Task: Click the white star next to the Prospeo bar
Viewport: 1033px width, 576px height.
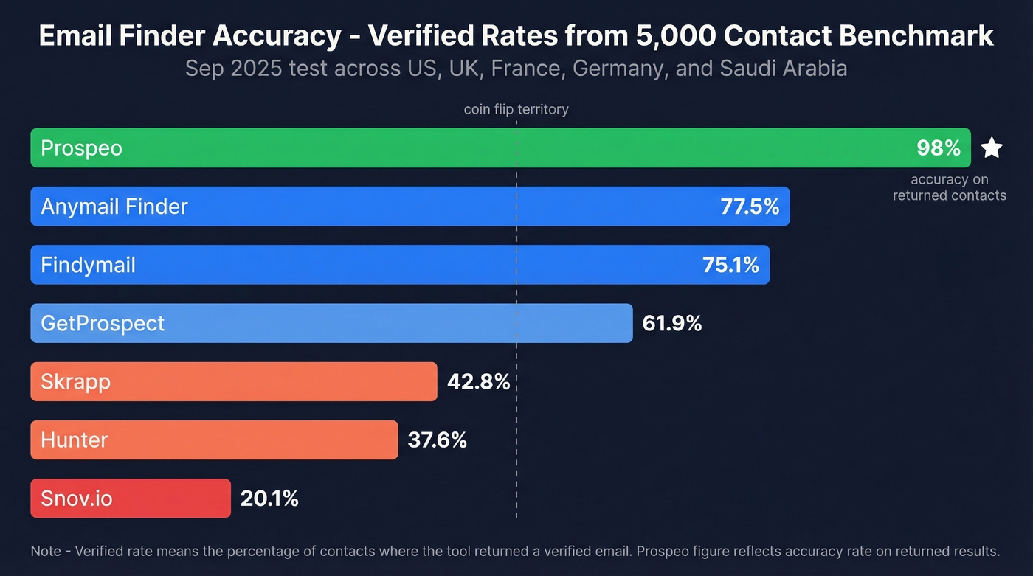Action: (x=992, y=148)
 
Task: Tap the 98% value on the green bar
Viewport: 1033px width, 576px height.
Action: (x=938, y=148)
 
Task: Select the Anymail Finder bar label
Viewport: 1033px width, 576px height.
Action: (x=114, y=207)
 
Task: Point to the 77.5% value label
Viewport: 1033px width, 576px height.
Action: (x=750, y=207)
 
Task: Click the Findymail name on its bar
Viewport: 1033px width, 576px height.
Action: (x=88, y=265)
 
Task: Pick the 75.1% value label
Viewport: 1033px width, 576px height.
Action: (x=730, y=265)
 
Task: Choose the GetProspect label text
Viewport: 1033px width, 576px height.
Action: (x=103, y=323)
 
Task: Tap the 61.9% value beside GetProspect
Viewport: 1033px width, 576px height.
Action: (x=672, y=323)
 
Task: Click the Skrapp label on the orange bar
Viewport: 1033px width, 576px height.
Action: (x=75, y=381)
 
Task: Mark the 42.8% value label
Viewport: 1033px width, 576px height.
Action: (x=479, y=381)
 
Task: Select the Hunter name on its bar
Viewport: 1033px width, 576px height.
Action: (x=75, y=440)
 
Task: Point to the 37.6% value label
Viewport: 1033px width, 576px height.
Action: (x=438, y=440)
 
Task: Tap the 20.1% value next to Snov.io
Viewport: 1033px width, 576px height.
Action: (x=269, y=499)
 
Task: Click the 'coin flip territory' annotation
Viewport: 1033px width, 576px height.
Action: (x=516, y=109)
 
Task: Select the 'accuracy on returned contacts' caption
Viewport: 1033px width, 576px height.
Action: (x=949, y=187)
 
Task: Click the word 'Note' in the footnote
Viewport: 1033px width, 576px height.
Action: (x=46, y=551)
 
